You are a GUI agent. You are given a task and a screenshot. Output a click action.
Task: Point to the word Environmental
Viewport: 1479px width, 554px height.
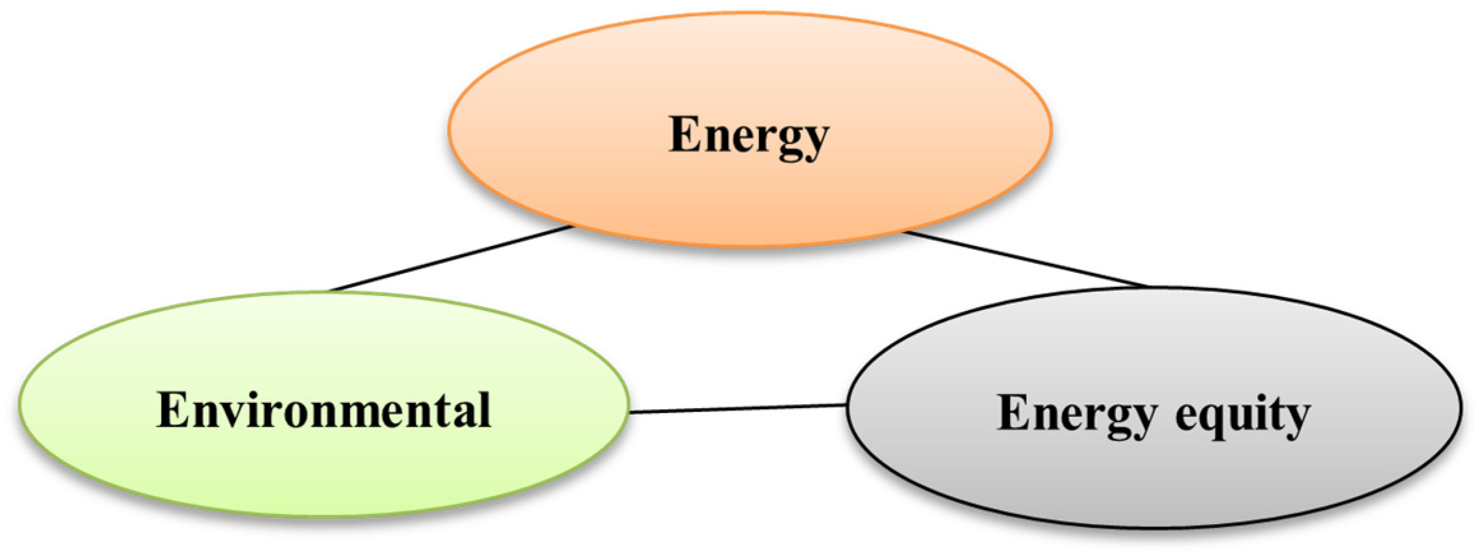pyautogui.click(x=324, y=410)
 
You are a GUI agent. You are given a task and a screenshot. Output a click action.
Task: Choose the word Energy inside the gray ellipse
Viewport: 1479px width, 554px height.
pyautogui.click(x=1076, y=414)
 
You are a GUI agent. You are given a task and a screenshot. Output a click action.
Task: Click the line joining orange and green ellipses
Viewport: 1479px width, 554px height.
pyautogui.click(x=452, y=258)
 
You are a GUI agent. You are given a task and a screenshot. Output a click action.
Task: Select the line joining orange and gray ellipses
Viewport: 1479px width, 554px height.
pyautogui.click(x=1025, y=259)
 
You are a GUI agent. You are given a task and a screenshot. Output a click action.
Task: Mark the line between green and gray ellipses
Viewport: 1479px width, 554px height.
pyautogui.click(x=738, y=408)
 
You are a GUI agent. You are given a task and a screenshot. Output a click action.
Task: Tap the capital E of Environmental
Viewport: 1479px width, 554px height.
pyautogui.click(x=174, y=410)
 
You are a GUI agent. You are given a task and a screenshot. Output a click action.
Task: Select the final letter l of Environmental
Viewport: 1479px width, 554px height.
pyautogui.click(x=483, y=409)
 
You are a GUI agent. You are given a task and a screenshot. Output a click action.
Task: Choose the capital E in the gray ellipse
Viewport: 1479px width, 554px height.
pyautogui.click(x=1013, y=413)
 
